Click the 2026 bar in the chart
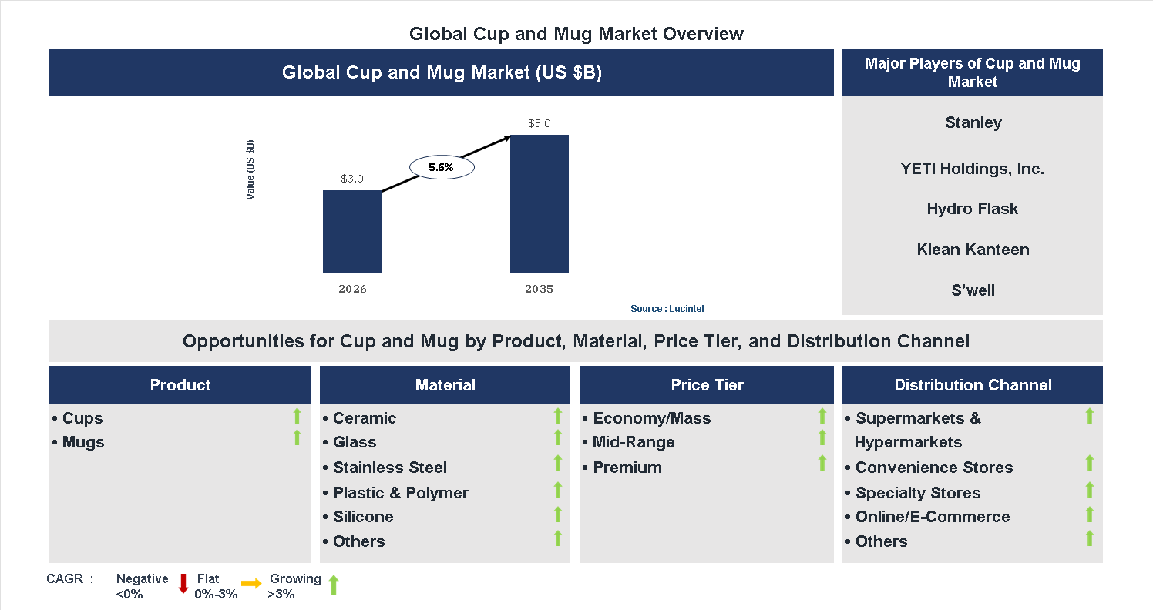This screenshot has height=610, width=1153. pos(352,231)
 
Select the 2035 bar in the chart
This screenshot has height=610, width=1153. pos(540,204)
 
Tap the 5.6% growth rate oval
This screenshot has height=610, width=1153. pos(441,166)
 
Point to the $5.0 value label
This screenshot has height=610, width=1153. pos(540,123)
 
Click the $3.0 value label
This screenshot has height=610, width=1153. pos(352,179)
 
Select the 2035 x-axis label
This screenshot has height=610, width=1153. pos(540,290)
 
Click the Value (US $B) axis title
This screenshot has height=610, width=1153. pos(250,170)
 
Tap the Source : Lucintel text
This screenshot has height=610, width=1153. pos(667,309)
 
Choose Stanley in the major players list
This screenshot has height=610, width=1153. pos(973,122)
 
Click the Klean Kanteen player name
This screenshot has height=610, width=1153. pos(973,250)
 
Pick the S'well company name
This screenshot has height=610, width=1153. pos(973,290)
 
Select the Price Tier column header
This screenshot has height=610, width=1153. pos(707,385)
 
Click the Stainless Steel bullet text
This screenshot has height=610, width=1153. pos(389,468)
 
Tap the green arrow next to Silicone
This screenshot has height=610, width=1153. pos(558,514)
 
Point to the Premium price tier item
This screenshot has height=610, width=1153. pos(627,468)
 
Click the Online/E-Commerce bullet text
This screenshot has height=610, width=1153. pos(932,517)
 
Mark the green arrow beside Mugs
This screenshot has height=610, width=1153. pos(297,438)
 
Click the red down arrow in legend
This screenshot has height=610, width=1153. pos(183,584)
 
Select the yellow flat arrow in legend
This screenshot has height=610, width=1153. pos(251,584)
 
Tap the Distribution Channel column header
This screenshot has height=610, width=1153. pos(973,385)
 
